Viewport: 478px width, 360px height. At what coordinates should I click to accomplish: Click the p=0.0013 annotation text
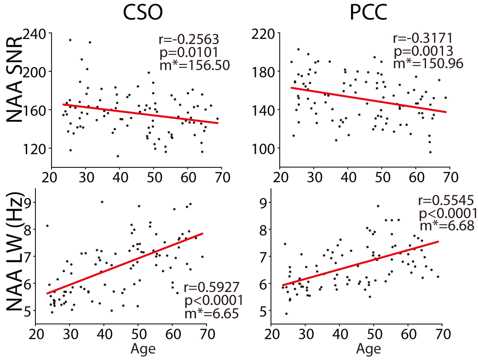click(421, 51)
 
